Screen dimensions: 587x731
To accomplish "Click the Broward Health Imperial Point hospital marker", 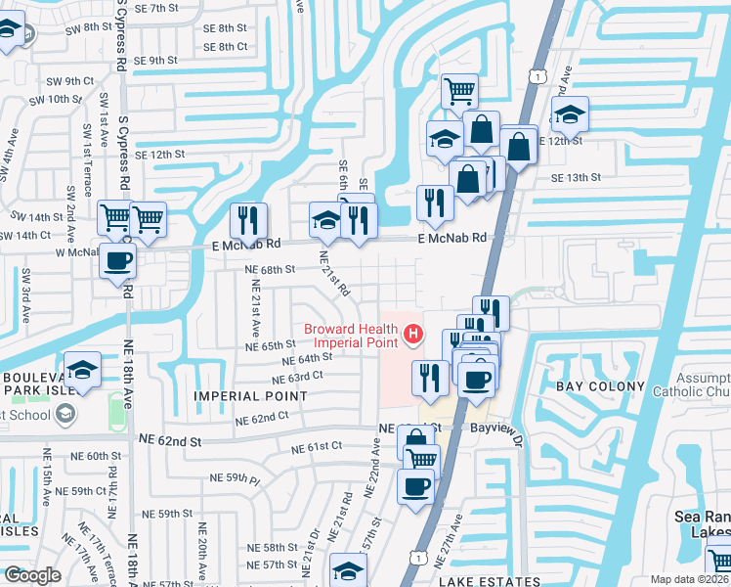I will pyautogui.click(x=413, y=336).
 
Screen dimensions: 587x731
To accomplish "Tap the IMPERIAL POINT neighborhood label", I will pyautogui.click(x=250, y=396).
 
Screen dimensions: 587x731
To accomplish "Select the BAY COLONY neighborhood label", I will pyautogui.click(x=601, y=386).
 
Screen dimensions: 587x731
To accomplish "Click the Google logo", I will pyautogui.click(x=32, y=575).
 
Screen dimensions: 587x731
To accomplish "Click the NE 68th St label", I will pyautogui.click(x=271, y=269).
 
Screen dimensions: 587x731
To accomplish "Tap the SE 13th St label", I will pyautogui.click(x=576, y=177).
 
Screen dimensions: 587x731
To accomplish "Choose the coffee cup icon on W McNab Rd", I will pyautogui.click(x=118, y=261).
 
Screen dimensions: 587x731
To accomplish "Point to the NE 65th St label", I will pyautogui.click(x=271, y=345).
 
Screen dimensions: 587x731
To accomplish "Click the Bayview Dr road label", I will pyautogui.click(x=497, y=429).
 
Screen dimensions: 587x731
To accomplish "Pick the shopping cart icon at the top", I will pyautogui.click(x=459, y=92).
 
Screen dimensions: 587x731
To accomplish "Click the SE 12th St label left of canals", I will pyautogui.click(x=159, y=155).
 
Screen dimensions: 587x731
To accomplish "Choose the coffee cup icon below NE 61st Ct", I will pyautogui.click(x=414, y=486).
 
